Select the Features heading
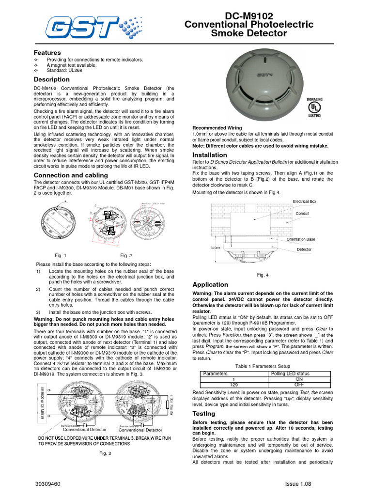(47, 52)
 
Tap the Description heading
(51, 79)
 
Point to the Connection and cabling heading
(71, 175)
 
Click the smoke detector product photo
(265, 83)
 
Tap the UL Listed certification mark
(315, 108)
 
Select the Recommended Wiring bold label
(218, 128)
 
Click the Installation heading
(210, 155)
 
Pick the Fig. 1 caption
(61, 255)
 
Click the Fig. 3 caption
(105, 453)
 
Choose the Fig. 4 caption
(263, 275)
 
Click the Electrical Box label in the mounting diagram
(304, 201)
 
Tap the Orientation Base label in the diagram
(300, 239)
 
